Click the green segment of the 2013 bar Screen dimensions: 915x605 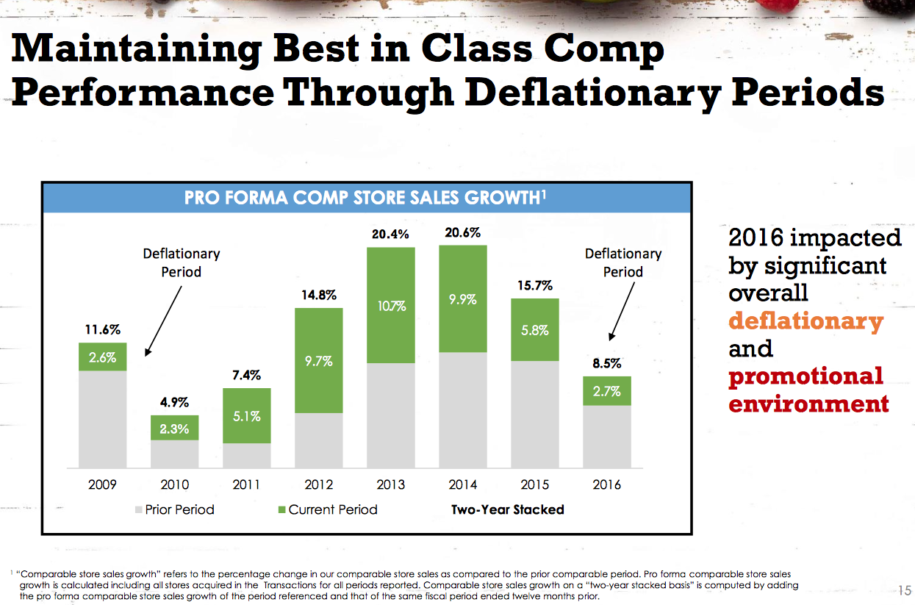pos(390,305)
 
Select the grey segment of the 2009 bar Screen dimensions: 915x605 pos(103,419)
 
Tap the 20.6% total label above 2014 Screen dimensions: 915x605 pos(463,233)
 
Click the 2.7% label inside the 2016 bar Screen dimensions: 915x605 pos(607,391)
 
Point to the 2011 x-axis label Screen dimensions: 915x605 pos(246,484)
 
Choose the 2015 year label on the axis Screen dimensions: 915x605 pos(535,484)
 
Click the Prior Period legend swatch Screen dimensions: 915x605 pos(138,510)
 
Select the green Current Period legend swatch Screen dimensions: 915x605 pos(281,510)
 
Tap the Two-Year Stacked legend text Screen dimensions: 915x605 pos(508,510)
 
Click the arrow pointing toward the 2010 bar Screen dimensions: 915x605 pos(163,321)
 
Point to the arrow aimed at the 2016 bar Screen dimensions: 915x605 pos(622,311)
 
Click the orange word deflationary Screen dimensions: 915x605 pos(806,322)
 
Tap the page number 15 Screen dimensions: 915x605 pos(904,590)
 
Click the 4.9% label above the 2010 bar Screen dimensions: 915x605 pos(174,402)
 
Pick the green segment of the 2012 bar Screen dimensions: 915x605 pos(319,360)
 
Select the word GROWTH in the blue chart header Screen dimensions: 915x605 pos(502,198)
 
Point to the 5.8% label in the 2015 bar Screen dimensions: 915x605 pos(535,330)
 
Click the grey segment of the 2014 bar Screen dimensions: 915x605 pos(463,410)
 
